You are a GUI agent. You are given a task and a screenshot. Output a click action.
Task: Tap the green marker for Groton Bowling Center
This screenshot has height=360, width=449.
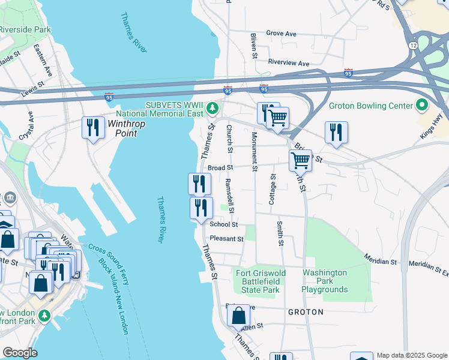422,106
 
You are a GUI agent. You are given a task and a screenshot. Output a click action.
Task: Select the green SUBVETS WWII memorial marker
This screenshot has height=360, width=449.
212,109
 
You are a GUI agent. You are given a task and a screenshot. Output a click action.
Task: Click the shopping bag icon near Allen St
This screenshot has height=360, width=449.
238,315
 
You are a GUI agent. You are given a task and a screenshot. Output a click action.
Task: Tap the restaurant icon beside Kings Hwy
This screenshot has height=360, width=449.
336,132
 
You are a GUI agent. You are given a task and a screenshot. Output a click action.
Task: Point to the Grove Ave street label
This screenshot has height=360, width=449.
281,34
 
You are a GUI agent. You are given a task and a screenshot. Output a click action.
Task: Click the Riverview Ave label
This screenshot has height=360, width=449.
288,63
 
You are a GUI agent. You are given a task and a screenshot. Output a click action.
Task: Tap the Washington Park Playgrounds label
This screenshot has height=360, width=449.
324,281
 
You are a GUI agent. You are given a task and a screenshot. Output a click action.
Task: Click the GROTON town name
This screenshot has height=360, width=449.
306,313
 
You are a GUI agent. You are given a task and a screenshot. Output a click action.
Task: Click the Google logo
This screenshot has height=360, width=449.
20,353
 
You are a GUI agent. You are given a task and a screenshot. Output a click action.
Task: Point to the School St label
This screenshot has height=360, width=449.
224,225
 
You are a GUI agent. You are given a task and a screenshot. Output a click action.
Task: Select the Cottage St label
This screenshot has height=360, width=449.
273,189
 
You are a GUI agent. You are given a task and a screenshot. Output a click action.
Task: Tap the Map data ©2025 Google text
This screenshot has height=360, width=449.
411,355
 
